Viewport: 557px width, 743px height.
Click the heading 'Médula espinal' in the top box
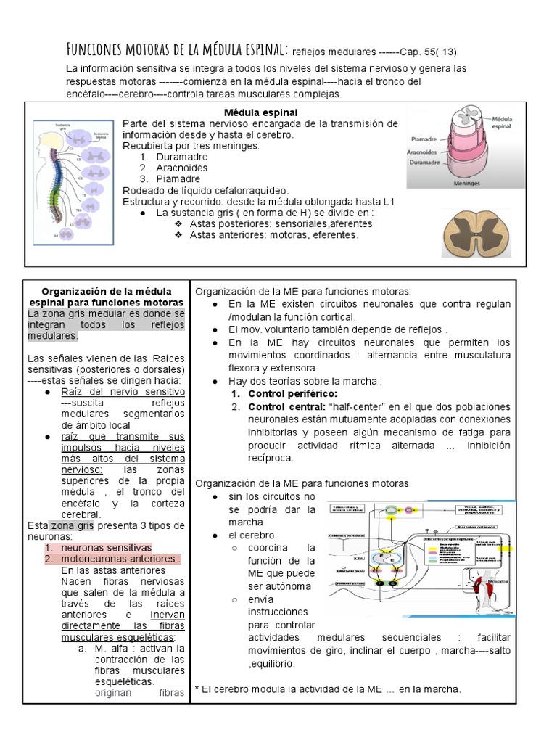pos(260,112)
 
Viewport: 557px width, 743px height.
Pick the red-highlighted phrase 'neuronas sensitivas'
pos(107,548)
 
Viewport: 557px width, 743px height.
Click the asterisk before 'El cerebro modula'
pos(197,689)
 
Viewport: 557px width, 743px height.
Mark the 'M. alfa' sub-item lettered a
pos(115,648)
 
